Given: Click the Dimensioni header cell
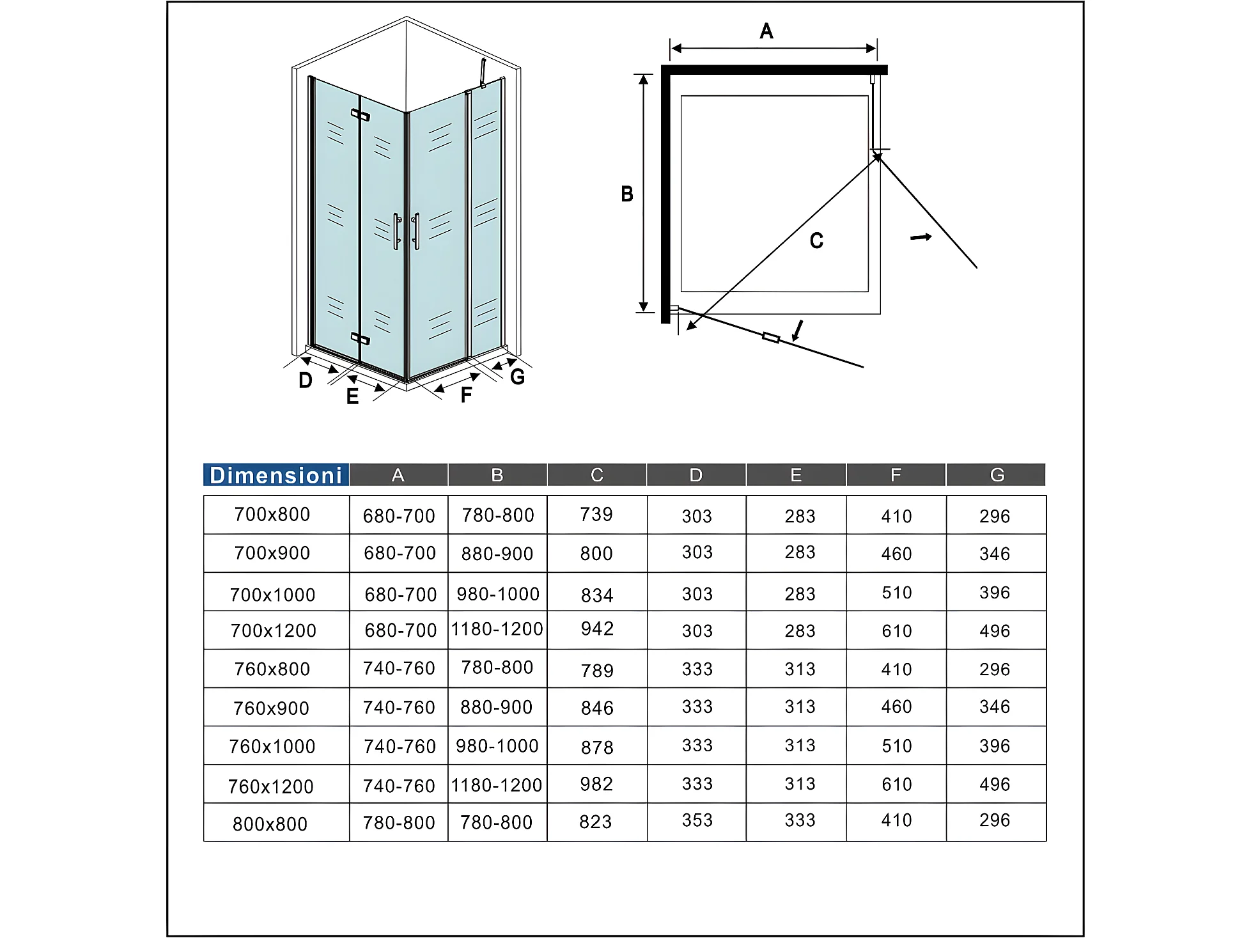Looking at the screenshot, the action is (x=276, y=475).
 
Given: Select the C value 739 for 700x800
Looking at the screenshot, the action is (x=596, y=514).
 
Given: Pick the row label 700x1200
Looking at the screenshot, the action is (x=273, y=630).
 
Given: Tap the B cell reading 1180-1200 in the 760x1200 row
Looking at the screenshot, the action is (x=497, y=785).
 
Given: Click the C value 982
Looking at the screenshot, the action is (x=596, y=784).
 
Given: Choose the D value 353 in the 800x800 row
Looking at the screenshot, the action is (x=697, y=820).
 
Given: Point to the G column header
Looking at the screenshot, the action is (x=997, y=475).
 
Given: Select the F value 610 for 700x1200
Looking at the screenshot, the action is (x=896, y=631).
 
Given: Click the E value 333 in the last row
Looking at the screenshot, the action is (x=800, y=820).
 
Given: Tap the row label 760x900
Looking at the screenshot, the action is (x=271, y=708).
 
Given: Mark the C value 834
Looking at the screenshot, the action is (x=597, y=595).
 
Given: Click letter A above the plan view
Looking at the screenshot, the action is (x=766, y=31).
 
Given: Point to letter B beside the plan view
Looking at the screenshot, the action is (x=627, y=194).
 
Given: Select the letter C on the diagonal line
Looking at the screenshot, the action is (x=816, y=241).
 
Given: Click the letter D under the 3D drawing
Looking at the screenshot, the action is (x=306, y=381).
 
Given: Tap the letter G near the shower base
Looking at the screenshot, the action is (x=517, y=377).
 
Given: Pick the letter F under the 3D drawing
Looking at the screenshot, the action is (x=466, y=395).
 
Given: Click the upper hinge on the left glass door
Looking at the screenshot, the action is (x=360, y=115).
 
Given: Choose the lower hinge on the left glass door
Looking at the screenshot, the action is (x=360, y=338).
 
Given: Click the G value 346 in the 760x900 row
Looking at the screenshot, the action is (x=994, y=707).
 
